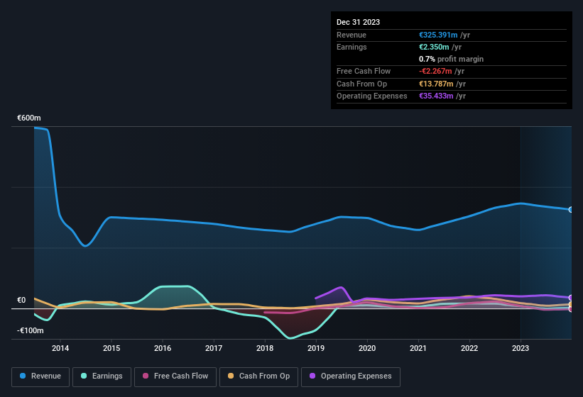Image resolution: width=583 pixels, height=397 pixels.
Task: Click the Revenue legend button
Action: pos(40,376)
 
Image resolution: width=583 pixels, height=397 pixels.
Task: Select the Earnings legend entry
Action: pos(101,376)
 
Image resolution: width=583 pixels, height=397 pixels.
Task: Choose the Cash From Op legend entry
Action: pos(258,376)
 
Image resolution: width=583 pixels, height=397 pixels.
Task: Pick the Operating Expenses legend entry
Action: pos(351,376)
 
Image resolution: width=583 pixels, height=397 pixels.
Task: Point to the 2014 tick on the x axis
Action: pos(60,348)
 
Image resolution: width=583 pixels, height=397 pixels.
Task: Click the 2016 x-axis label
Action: pos(163,348)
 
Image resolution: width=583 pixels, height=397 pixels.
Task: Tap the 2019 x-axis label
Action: pos(316,348)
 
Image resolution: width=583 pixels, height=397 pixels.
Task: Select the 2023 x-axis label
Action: pos(521,348)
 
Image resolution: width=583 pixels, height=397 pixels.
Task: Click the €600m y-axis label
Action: pos(29,118)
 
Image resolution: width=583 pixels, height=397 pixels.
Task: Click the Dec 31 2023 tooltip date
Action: pos(358,22)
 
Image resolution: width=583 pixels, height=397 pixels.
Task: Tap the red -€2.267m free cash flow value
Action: pos(435,71)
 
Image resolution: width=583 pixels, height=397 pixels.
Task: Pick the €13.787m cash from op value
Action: pos(436,84)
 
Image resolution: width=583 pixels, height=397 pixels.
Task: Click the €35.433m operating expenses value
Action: pos(436,96)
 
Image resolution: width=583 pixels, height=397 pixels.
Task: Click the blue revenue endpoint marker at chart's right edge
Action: pos(570,210)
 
